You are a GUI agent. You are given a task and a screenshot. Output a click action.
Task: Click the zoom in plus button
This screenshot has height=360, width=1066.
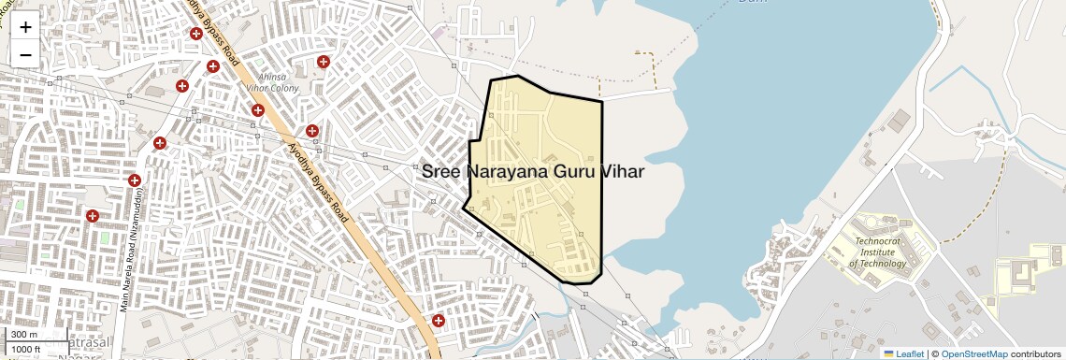25,26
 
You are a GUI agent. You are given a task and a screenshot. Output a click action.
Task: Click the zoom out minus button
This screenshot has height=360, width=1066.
25,54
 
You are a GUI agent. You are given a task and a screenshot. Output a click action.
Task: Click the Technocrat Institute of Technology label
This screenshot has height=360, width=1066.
879,252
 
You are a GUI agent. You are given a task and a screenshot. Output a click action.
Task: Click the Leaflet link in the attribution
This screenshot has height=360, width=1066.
903,353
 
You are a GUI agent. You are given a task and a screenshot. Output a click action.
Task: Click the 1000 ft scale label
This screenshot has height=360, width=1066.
26,349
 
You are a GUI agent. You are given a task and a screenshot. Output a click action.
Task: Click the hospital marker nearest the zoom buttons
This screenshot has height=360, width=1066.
196,34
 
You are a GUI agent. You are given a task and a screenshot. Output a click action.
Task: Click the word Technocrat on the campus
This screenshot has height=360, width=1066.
880,240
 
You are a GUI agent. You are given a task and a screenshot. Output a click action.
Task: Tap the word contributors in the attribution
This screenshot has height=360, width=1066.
1035,353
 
